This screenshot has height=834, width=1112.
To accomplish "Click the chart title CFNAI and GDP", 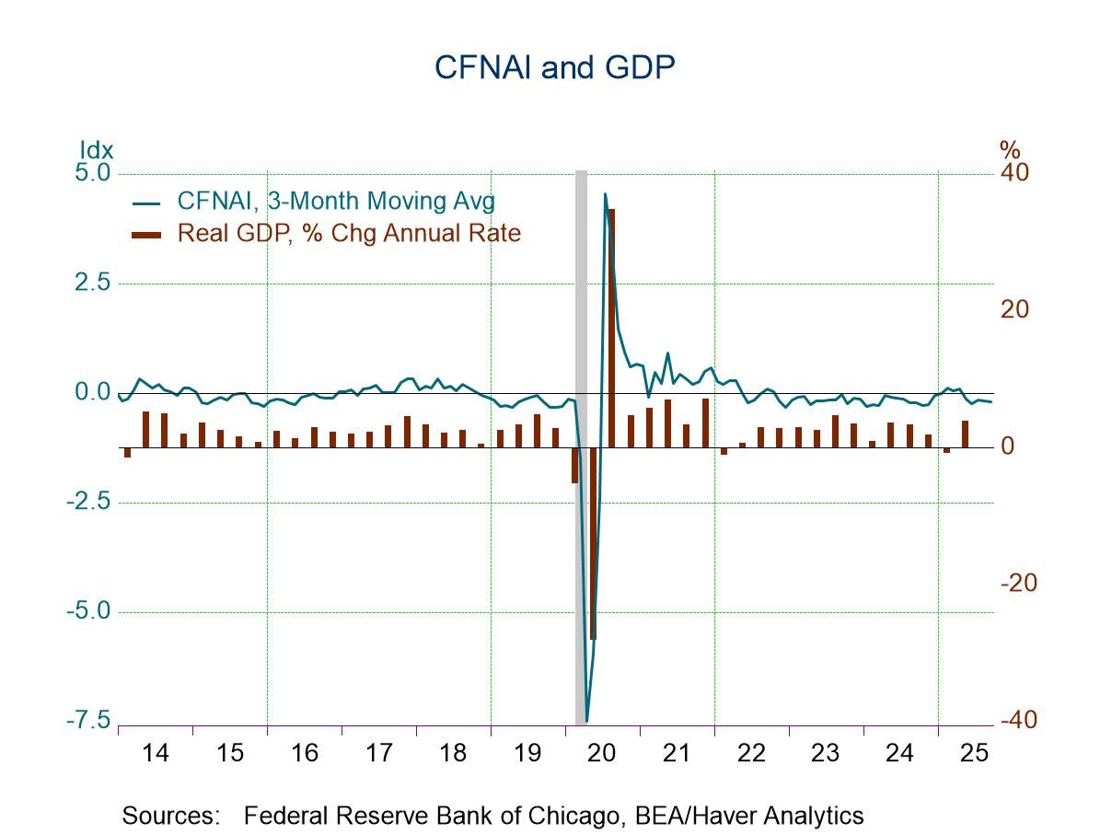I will click(x=555, y=67).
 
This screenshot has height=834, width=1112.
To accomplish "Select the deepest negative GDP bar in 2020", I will click(x=593, y=543).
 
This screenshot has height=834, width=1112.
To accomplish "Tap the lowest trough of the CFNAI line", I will click(x=586, y=721).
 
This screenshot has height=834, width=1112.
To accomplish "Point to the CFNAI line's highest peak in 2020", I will click(x=605, y=194).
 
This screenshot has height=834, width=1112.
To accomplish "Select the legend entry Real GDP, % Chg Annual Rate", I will click(x=349, y=233).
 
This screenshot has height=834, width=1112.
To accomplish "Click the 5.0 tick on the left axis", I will click(x=90, y=173).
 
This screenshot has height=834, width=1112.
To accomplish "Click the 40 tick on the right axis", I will click(x=1015, y=173).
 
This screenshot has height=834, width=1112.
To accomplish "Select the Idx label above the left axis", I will click(x=96, y=150).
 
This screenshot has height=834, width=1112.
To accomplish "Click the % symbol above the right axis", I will click(x=1010, y=150).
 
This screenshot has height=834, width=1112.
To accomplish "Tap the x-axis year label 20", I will click(x=601, y=753).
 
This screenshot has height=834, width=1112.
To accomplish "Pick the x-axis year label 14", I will click(x=156, y=753).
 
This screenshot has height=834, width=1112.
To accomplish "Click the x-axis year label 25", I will click(x=974, y=753).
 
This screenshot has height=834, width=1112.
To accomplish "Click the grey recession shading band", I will click(x=581, y=368).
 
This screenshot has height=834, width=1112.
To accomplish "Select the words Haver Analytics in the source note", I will click(x=788, y=815).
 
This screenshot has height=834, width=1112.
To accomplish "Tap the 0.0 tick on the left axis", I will click(x=90, y=393).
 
